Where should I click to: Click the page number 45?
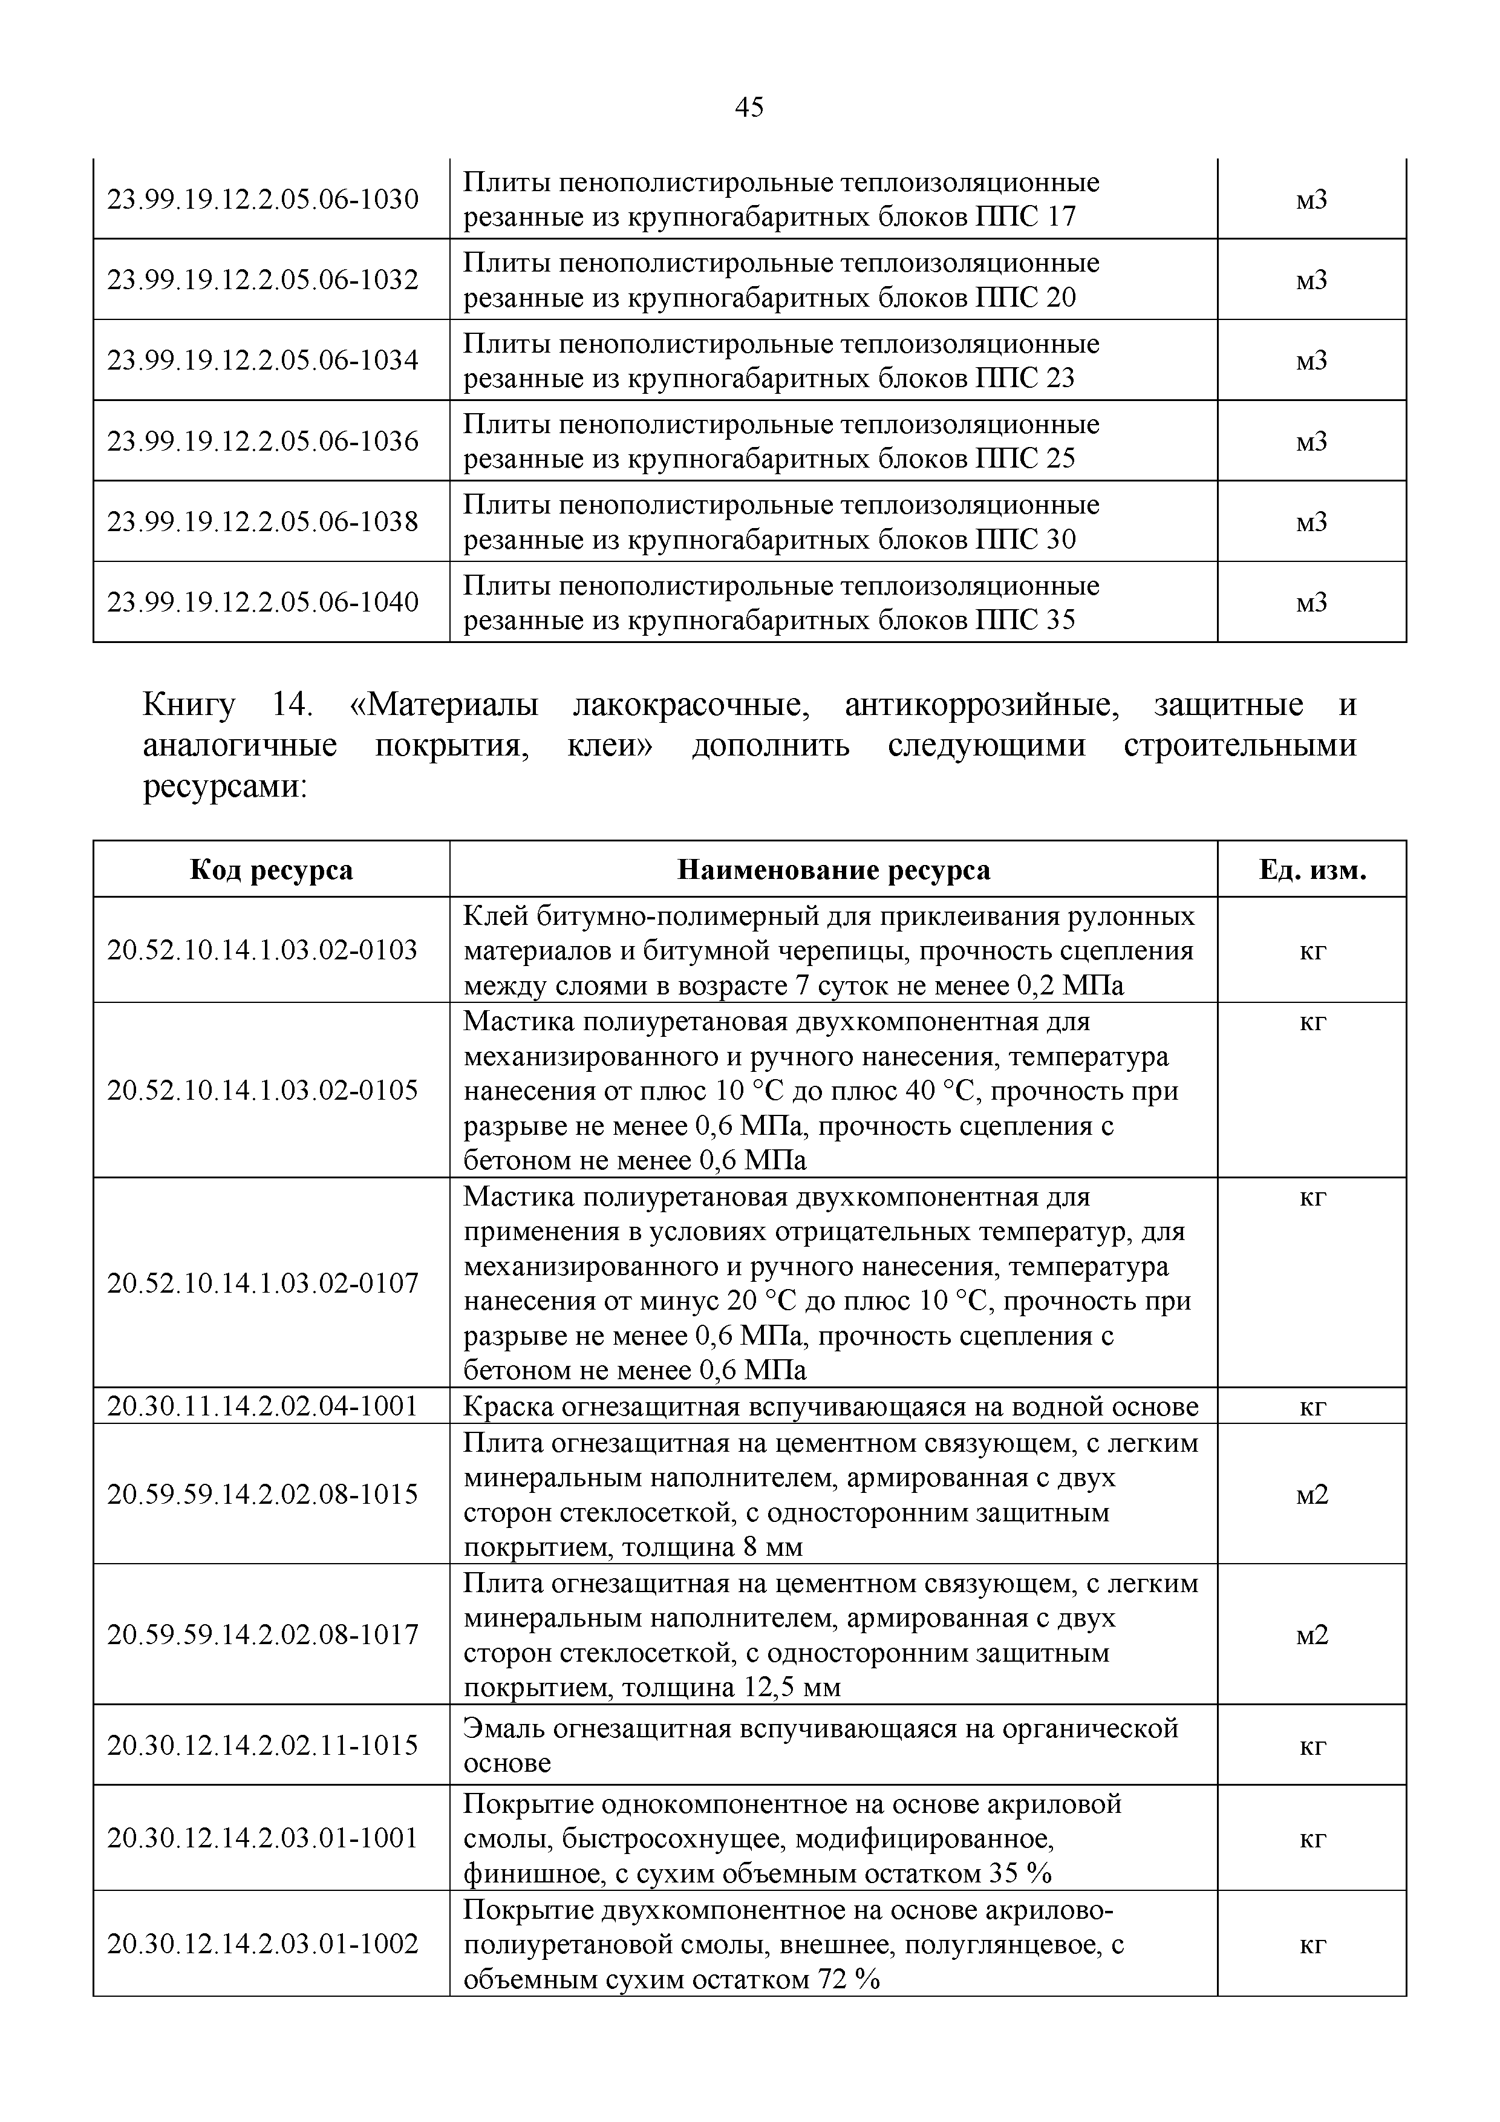(749, 108)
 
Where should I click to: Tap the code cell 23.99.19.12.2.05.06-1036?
(263, 441)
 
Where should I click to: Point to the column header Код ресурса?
(271, 870)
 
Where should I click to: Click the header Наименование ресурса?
(833, 870)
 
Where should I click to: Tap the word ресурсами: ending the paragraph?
(224, 786)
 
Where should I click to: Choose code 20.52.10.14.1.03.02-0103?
(263, 950)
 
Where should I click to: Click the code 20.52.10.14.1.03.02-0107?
(263, 1283)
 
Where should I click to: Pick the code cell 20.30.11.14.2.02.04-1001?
(263, 1406)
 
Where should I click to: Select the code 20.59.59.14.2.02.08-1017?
(263, 1635)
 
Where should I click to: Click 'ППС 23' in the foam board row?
(1025, 379)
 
